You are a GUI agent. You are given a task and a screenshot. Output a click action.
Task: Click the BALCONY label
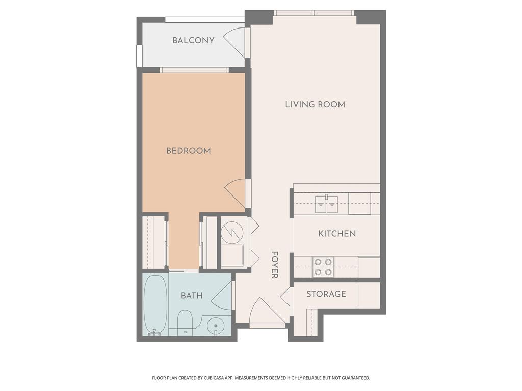click(193, 40)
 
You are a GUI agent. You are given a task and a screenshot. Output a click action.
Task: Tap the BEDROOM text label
click(189, 151)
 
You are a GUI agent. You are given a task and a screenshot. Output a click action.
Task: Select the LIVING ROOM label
click(315, 104)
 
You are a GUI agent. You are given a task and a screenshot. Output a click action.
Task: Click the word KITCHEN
click(337, 233)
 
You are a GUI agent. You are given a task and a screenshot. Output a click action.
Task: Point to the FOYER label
click(275, 265)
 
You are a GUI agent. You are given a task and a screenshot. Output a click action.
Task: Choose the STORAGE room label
click(326, 294)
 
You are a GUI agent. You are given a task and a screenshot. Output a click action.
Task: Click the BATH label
click(192, 296)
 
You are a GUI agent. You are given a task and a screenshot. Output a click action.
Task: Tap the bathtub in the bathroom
click(155, 304)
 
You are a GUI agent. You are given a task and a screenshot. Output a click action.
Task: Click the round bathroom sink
click(216, 325)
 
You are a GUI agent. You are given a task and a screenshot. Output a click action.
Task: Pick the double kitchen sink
click(326, 204)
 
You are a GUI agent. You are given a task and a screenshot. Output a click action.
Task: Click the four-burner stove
click(323, 267)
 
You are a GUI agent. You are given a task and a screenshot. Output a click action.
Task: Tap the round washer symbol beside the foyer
click(232, 232)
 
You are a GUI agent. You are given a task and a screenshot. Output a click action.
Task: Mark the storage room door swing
click(285, 296)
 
